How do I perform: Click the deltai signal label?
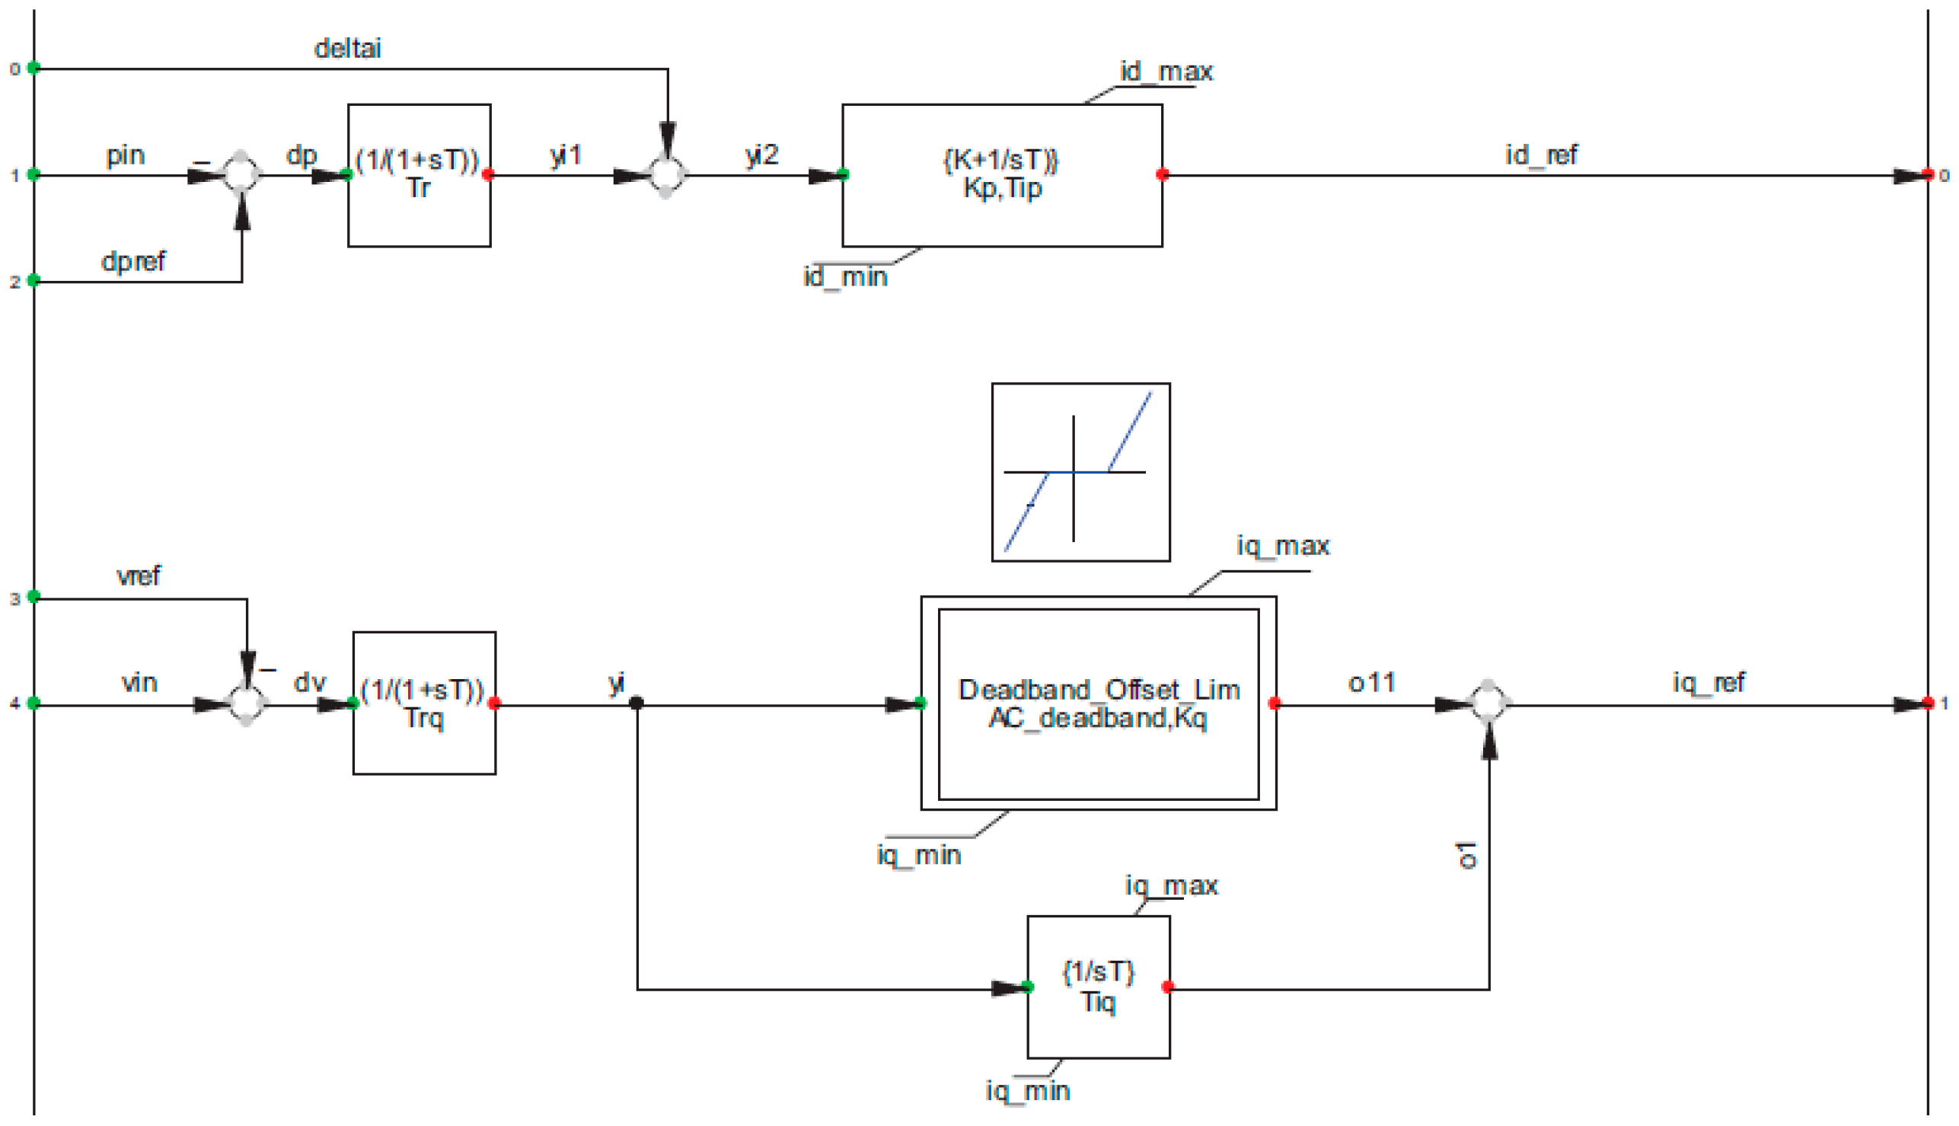click(347, 49)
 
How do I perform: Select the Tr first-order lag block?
click(419, 176)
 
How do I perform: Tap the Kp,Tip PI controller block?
click(1001, 176)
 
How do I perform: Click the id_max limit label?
click(1166, 72)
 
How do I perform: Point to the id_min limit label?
click(844, 276)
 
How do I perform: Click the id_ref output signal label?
click(1540, 155)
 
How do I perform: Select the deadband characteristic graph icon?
click(1080, 472)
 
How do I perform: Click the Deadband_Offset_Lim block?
click(1098, 703)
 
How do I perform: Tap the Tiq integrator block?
click(1098, 987)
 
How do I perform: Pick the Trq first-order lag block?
click(424, 703)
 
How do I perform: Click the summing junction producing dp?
click(241, 175)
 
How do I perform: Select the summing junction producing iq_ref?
click(1488, 703)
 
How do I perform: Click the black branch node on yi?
click(637, 703)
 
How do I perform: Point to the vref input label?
click(139, 576)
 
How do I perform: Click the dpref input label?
click(133, 262)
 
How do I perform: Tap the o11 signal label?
click(1371, 683)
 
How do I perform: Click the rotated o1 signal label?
click(1466, 855)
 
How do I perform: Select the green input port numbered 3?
click(34, 596)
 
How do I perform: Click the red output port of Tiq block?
click(1168, 987)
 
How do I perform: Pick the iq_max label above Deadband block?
click(1282, 546)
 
